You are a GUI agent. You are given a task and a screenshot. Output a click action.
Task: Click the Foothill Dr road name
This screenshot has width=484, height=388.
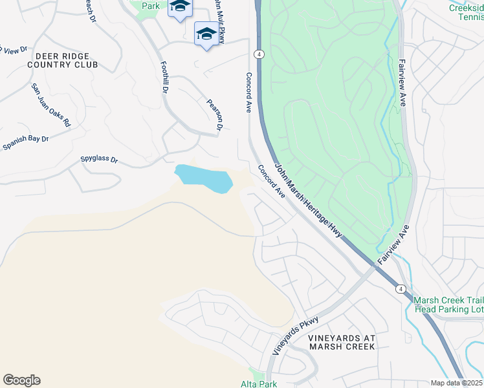164,78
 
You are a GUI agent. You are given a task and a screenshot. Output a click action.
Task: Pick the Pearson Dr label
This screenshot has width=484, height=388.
214,114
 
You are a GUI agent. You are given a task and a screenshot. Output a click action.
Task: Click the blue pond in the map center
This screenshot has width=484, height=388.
203,177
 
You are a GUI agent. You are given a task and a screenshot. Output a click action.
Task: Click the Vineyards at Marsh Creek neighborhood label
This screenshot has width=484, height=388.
341,343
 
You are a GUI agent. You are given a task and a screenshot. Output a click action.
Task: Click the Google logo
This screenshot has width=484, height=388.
21,380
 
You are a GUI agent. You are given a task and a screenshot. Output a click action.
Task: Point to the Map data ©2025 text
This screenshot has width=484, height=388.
457,383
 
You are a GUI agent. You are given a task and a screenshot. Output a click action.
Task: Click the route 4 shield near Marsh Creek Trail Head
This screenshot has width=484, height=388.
401,288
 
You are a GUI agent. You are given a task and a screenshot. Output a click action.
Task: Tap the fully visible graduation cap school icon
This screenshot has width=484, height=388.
206,34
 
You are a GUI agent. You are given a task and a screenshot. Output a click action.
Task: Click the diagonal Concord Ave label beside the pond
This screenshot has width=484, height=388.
271,182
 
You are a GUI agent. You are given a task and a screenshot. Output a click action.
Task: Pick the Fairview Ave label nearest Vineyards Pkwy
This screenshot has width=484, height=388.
394,242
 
